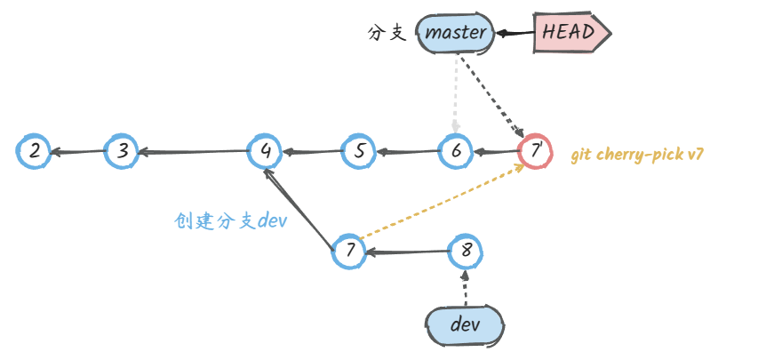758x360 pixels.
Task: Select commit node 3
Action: (122, 151)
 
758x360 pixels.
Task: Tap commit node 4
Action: (265, 151)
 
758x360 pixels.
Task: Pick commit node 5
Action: (359, 151)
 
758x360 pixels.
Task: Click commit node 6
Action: (456, 151)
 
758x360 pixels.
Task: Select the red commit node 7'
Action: (535, 151)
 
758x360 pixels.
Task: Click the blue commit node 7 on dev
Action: (350, 252)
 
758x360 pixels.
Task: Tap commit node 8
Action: (466, 252)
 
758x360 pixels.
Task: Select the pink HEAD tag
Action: (571, 33)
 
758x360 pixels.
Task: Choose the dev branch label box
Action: (465, 324)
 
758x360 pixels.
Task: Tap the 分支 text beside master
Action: (387, 34)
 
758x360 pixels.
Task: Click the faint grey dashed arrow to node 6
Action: (456, 93)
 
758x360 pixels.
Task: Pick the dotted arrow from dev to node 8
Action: (465, 290)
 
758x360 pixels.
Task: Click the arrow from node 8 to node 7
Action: (408, 253)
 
